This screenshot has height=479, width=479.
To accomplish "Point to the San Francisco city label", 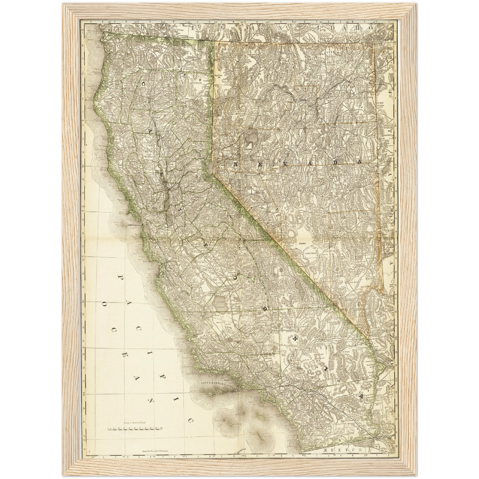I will click(134, 225).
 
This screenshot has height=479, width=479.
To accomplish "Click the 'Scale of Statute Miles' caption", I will click(135, 423).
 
